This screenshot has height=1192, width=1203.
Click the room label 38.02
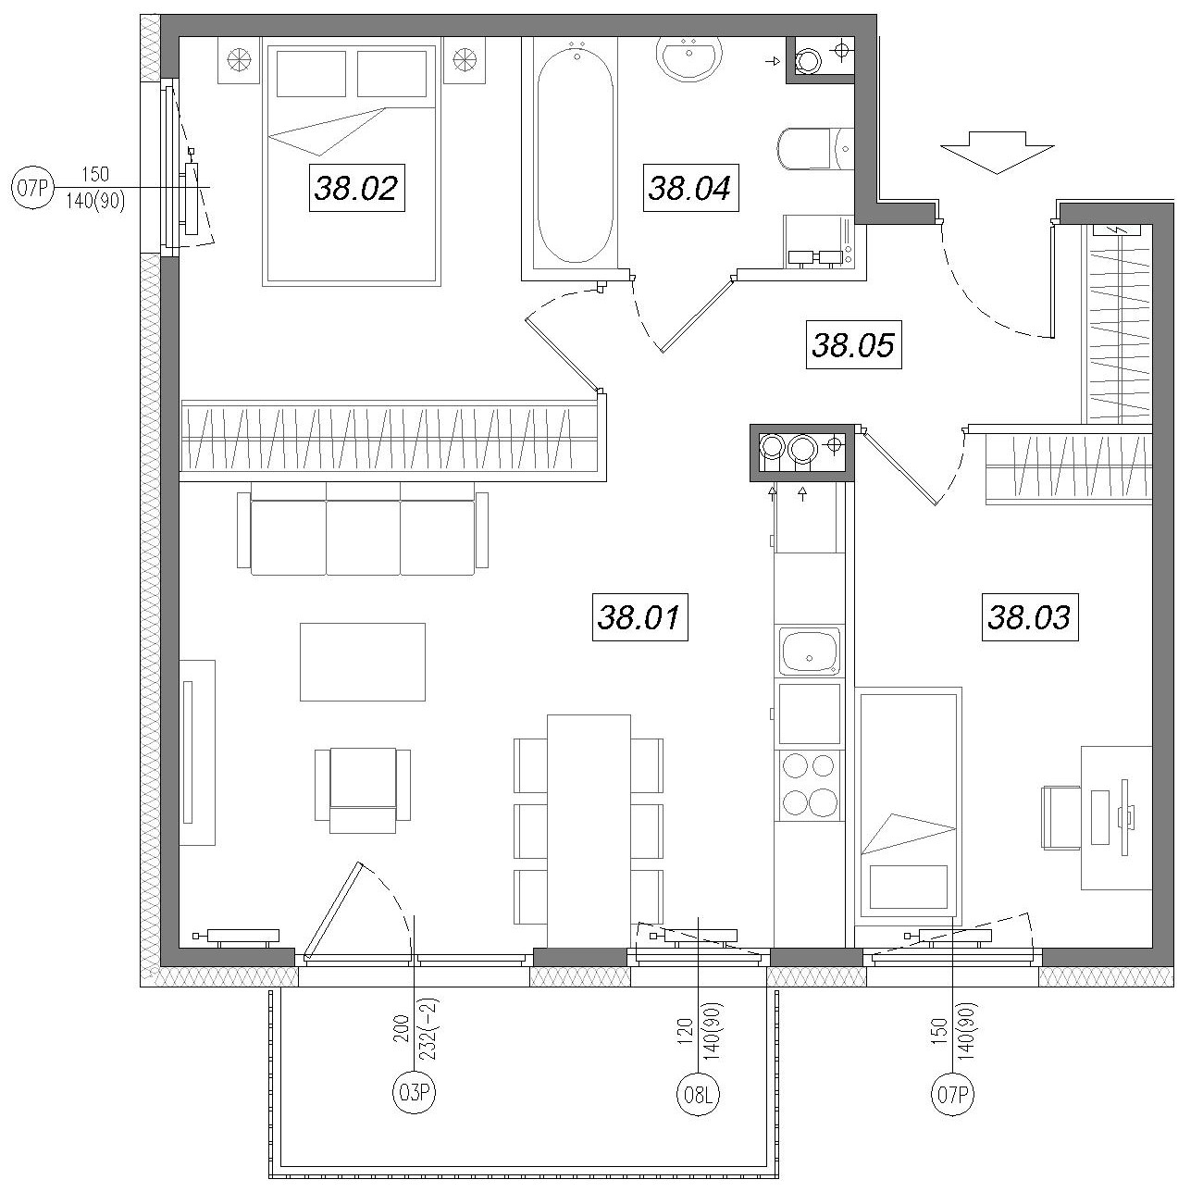click(357, 188)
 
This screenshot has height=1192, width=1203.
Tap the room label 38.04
click(690, 188)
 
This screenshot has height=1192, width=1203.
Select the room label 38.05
click(853, 345)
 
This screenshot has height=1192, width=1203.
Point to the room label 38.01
click(639, 617)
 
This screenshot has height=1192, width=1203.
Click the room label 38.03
click(1029, 617)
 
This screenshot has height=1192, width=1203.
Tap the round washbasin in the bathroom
click(689, 57)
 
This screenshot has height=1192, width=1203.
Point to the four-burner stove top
click(809, 784)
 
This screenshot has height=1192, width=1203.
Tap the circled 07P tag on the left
click(32, 187)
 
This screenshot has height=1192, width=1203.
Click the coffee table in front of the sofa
click(363, 662)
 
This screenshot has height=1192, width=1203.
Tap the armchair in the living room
click(363, 789)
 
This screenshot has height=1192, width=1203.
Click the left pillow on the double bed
click(311, 74)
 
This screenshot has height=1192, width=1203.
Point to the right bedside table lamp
click(465, 60)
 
